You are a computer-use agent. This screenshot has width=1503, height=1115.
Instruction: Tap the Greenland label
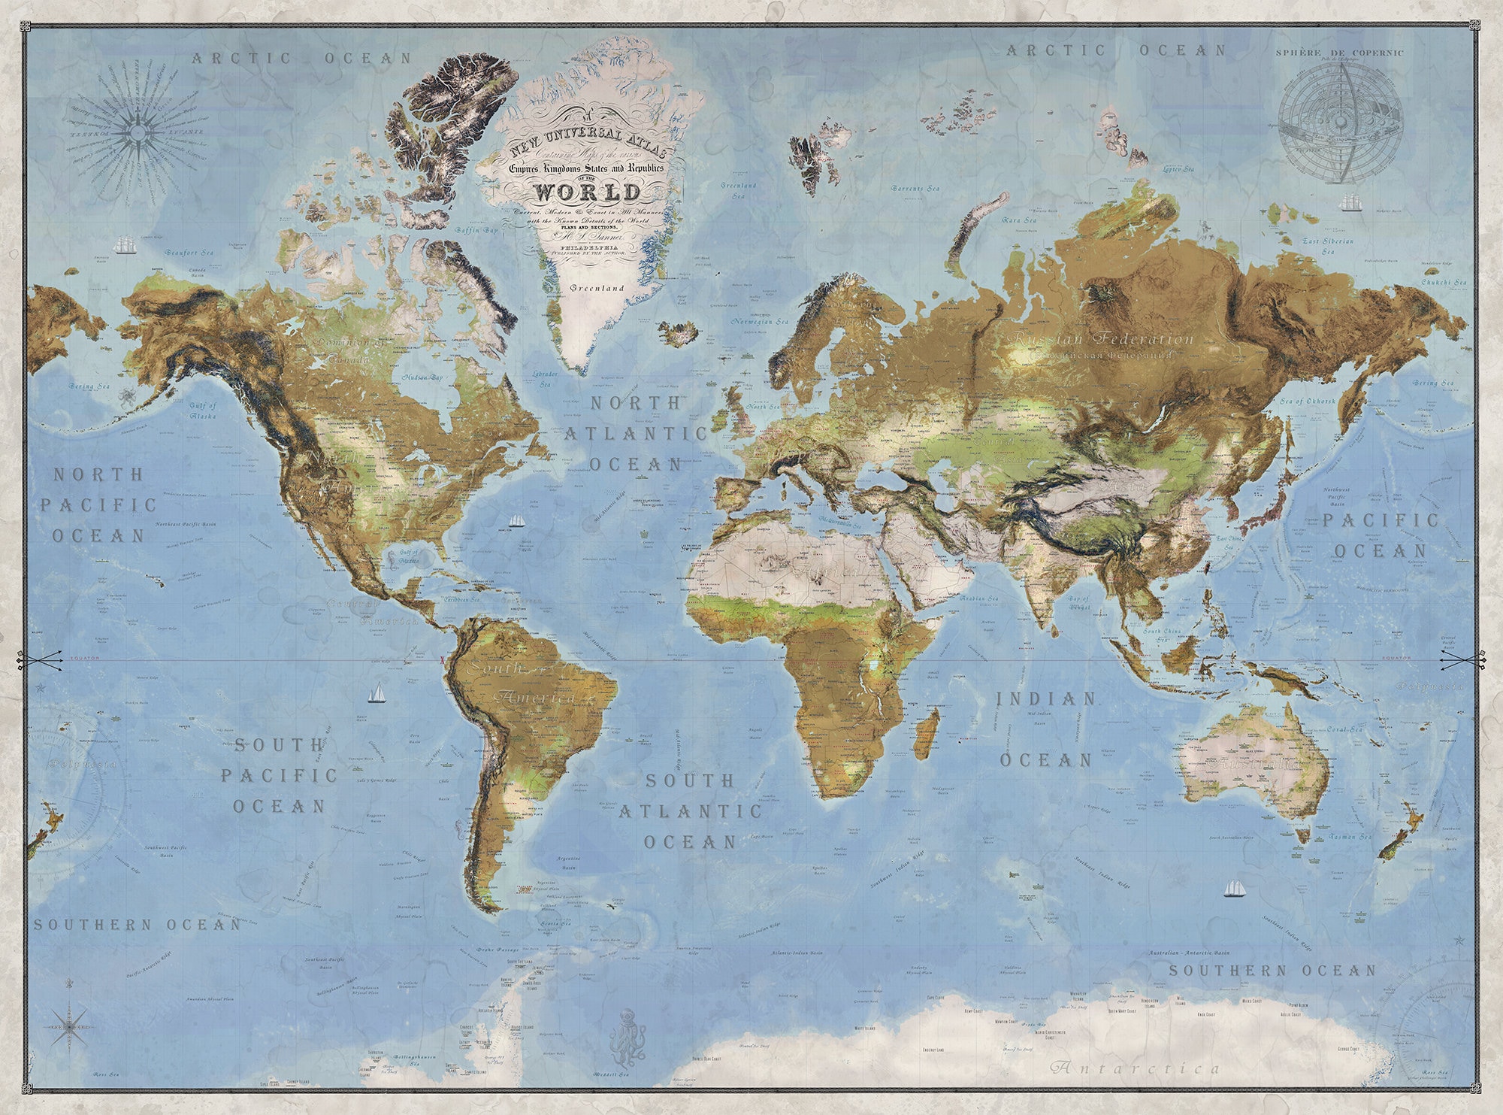[x=597, y=288]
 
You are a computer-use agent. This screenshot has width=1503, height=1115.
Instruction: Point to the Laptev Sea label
[x=1178, y=169]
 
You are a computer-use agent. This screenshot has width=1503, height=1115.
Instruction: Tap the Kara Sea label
[x=1019, y=220]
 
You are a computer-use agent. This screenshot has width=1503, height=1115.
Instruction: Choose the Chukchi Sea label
[x=1444, y=283]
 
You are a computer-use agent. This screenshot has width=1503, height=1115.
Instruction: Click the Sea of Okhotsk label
[x=1308, y=401]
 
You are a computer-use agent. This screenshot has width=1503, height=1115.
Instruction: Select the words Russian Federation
[x=1102, y=338]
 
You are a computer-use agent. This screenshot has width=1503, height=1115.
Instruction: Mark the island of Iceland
[x=679, y=333]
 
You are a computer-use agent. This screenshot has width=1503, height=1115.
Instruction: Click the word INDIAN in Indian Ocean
[x=1046, y=698]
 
